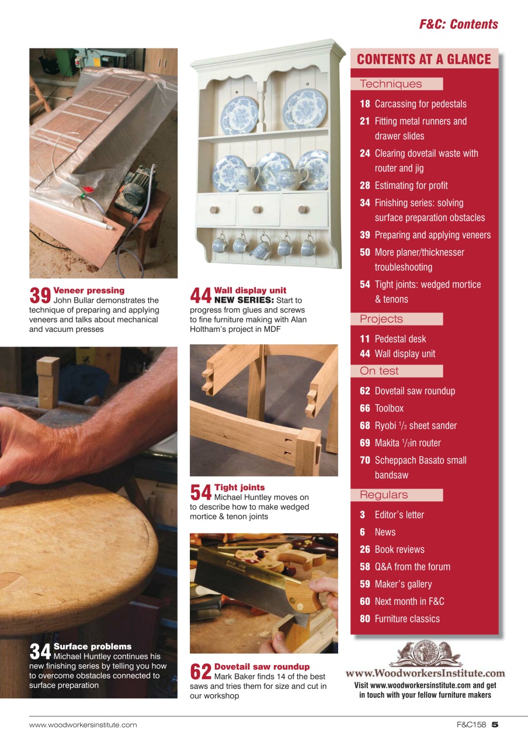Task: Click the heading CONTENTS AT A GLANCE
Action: (423, 59)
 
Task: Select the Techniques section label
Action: (391, 84)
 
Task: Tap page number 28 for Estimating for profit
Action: (364, 186)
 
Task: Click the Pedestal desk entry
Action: (400, 339)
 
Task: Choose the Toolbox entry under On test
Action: (389, 408)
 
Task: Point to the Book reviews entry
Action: (400, 549)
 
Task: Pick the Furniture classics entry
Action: (407, 619)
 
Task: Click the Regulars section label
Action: (384, 495)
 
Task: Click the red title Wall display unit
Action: (250, 290)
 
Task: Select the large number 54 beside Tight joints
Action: (201, 492)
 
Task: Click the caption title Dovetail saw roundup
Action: (262, 667)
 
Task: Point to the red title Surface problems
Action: (92, 646)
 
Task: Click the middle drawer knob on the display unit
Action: (259, 209)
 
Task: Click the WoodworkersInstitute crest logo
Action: (425, 654)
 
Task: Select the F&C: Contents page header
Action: (458, 25)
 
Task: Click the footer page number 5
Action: (495, 725)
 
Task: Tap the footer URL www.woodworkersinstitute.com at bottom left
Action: (83, 725)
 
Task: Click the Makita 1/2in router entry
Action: (408, 443)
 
